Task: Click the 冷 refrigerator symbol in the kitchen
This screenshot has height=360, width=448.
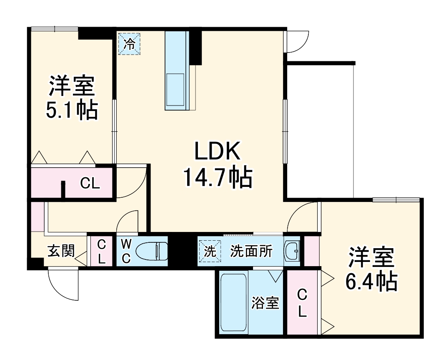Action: click(x=130, y=43)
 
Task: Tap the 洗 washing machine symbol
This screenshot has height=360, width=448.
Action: click(x=210, y=252)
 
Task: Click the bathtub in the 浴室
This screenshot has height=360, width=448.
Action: click(x=233, y=303)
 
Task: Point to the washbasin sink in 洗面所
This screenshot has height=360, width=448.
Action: click(x=292, y=251)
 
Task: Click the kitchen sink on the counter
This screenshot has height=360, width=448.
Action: click(x=175, y=86)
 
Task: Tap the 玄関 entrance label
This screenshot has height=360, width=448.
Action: click(x=60, y=251)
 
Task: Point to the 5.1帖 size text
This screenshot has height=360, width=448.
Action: click(x=72, y=110)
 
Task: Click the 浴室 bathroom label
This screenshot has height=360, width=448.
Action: click(x=265, y=303)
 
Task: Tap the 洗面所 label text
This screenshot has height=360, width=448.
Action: click(x=251, y=252)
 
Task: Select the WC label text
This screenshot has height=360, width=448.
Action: click(x=126, y=251)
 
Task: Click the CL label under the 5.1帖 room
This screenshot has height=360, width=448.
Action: click(x=90, y=184)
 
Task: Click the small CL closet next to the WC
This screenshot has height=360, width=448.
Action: click(x=102, y=252)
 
